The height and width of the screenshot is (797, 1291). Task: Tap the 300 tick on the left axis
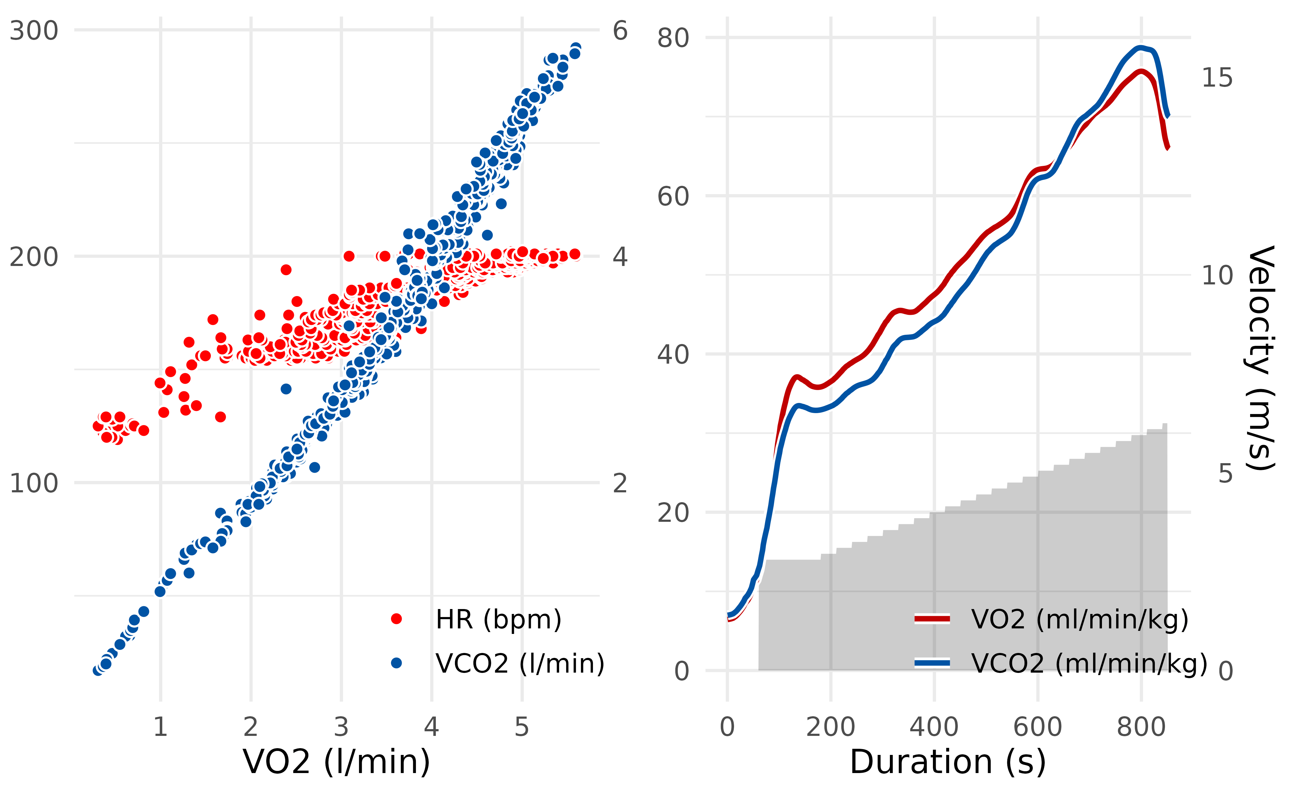(x=34, y=31)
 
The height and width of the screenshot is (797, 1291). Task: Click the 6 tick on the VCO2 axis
(x=620, y=31)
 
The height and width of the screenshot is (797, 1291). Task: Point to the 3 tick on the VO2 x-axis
(x=342, y=727)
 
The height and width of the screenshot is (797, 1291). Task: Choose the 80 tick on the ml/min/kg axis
(x=673, y=38)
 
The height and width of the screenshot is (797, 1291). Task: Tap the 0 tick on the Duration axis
(x=728, y=727)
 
